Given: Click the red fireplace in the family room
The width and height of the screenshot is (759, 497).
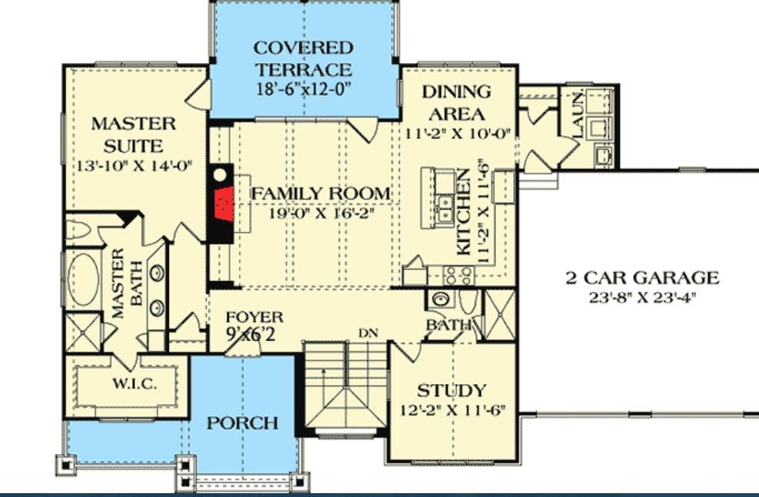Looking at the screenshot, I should [x=224, y=203].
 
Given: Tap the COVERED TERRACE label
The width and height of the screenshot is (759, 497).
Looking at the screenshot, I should [x=303, y=58].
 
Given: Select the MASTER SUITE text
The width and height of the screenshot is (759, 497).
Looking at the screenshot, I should [x=134, y=134].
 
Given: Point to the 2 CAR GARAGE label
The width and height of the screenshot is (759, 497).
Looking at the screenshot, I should [x=642, y=278].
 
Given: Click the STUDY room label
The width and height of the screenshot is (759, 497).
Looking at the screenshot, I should [x=452, y=389].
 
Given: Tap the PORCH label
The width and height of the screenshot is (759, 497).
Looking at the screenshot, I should [x=243, y=422].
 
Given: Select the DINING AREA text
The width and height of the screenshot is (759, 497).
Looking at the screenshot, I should [x=456, y=103].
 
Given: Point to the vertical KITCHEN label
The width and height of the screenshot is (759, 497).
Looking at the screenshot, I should [x=464, y=213].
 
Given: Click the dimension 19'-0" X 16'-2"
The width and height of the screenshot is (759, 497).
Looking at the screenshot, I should [x=321, y=213].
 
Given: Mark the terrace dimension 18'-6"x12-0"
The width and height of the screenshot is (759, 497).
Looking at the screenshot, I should [x=303, y=88].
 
